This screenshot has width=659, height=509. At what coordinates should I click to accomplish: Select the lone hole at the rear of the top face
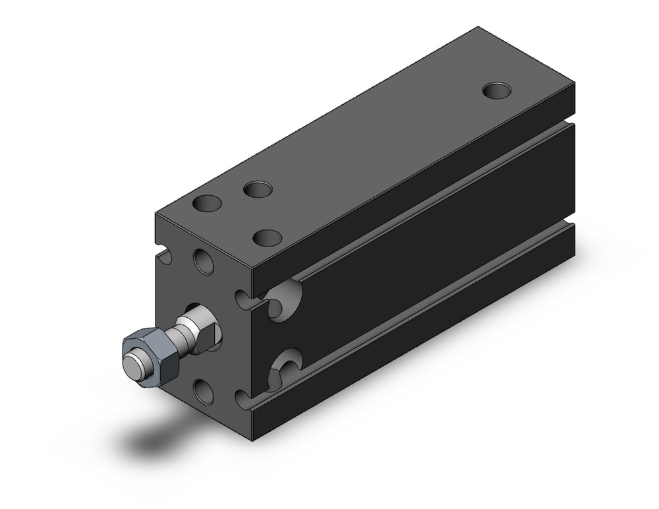coord(496,90)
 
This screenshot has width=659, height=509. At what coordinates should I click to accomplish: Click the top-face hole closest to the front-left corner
coord(207,204)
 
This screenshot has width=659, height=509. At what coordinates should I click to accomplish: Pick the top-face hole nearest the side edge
coord(268,237)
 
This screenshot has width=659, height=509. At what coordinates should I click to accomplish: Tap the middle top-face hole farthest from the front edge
coord(258,190)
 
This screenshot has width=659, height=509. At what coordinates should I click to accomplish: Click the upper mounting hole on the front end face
coord(204,261)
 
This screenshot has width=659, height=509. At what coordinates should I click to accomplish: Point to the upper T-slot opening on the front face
coord(244,300)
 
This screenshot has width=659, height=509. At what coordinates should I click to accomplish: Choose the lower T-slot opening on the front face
coord(244,399)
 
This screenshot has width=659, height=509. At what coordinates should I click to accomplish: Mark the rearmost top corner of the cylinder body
coord(478,28)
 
